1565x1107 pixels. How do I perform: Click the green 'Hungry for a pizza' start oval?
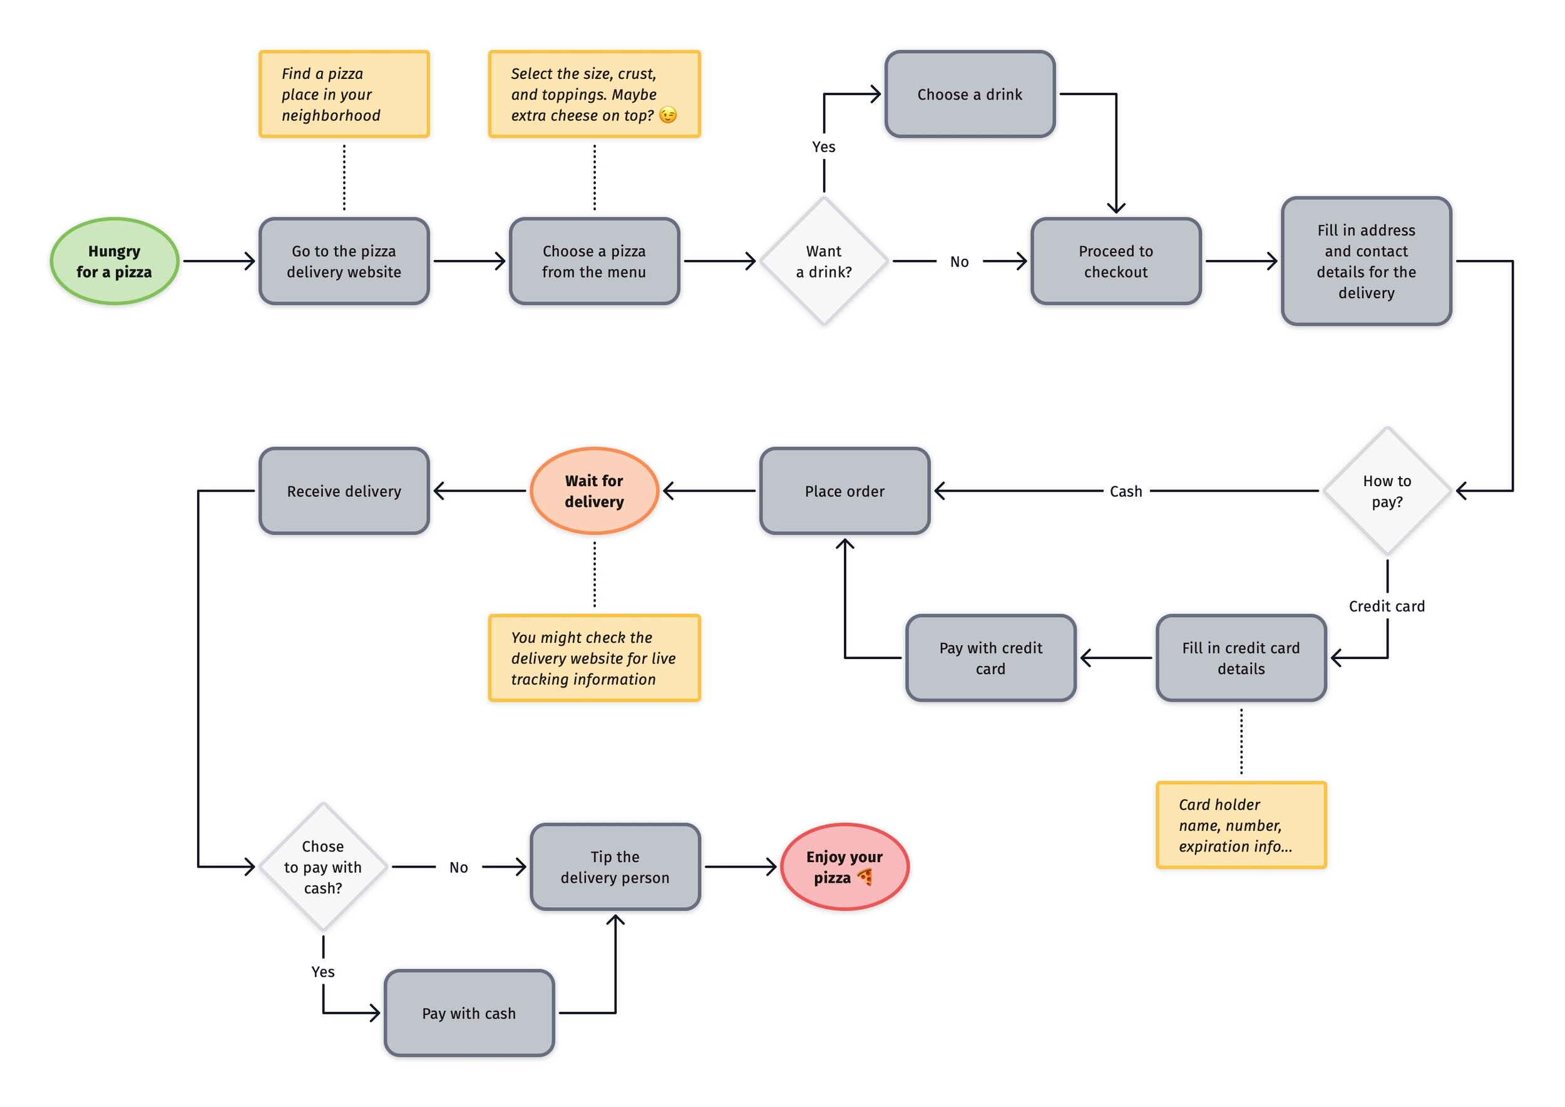[115, 261]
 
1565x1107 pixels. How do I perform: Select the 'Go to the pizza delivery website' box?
[344, 261]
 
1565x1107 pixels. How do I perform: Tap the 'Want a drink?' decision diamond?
[823, 261]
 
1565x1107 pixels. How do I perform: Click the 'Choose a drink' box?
[969, 94]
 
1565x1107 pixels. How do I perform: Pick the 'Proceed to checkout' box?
[1115, 261]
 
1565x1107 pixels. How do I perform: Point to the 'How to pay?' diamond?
[1387, 491]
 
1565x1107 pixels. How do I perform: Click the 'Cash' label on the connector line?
[1126, 491]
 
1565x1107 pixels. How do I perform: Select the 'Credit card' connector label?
[1387, 606]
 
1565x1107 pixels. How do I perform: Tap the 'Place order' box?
[844, 491]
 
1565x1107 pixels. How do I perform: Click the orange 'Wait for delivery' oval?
[593, 491]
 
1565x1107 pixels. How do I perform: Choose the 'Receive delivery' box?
[344, 491]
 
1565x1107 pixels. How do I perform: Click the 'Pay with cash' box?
[469, 1013]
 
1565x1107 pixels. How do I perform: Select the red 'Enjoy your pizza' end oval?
[844, 866]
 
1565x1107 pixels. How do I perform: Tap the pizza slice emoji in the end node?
[865, 876]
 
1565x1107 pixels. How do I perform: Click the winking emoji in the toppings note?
[668, 115]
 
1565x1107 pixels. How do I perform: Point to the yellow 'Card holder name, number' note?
[1241, 824]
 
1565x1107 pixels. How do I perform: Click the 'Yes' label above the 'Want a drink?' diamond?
[823, 147]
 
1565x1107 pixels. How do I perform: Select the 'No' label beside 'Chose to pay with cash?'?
[458, 867]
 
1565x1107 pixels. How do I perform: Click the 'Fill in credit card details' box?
[1241, 658]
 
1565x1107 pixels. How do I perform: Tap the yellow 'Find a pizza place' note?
[344, 94]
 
